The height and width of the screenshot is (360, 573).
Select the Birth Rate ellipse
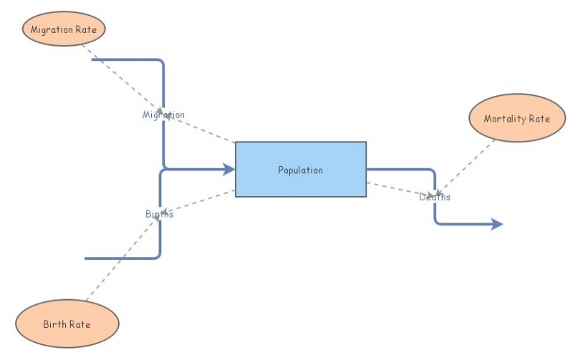point(67,324)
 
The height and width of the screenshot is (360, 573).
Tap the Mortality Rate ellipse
point(517,118)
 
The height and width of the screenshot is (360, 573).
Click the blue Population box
point(301,170)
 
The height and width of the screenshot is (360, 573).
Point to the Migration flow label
point(163,115)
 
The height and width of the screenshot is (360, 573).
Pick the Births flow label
point(159,213)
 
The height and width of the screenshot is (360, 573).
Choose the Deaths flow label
point(435,197)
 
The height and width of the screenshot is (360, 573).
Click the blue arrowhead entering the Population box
point(229,170)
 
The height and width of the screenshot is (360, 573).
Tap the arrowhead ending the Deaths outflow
point(497,224)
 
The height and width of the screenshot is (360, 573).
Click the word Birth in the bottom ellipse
point(54,325)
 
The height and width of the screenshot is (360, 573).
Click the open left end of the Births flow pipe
point(87,258)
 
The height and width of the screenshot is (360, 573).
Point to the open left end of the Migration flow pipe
point(94,60)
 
